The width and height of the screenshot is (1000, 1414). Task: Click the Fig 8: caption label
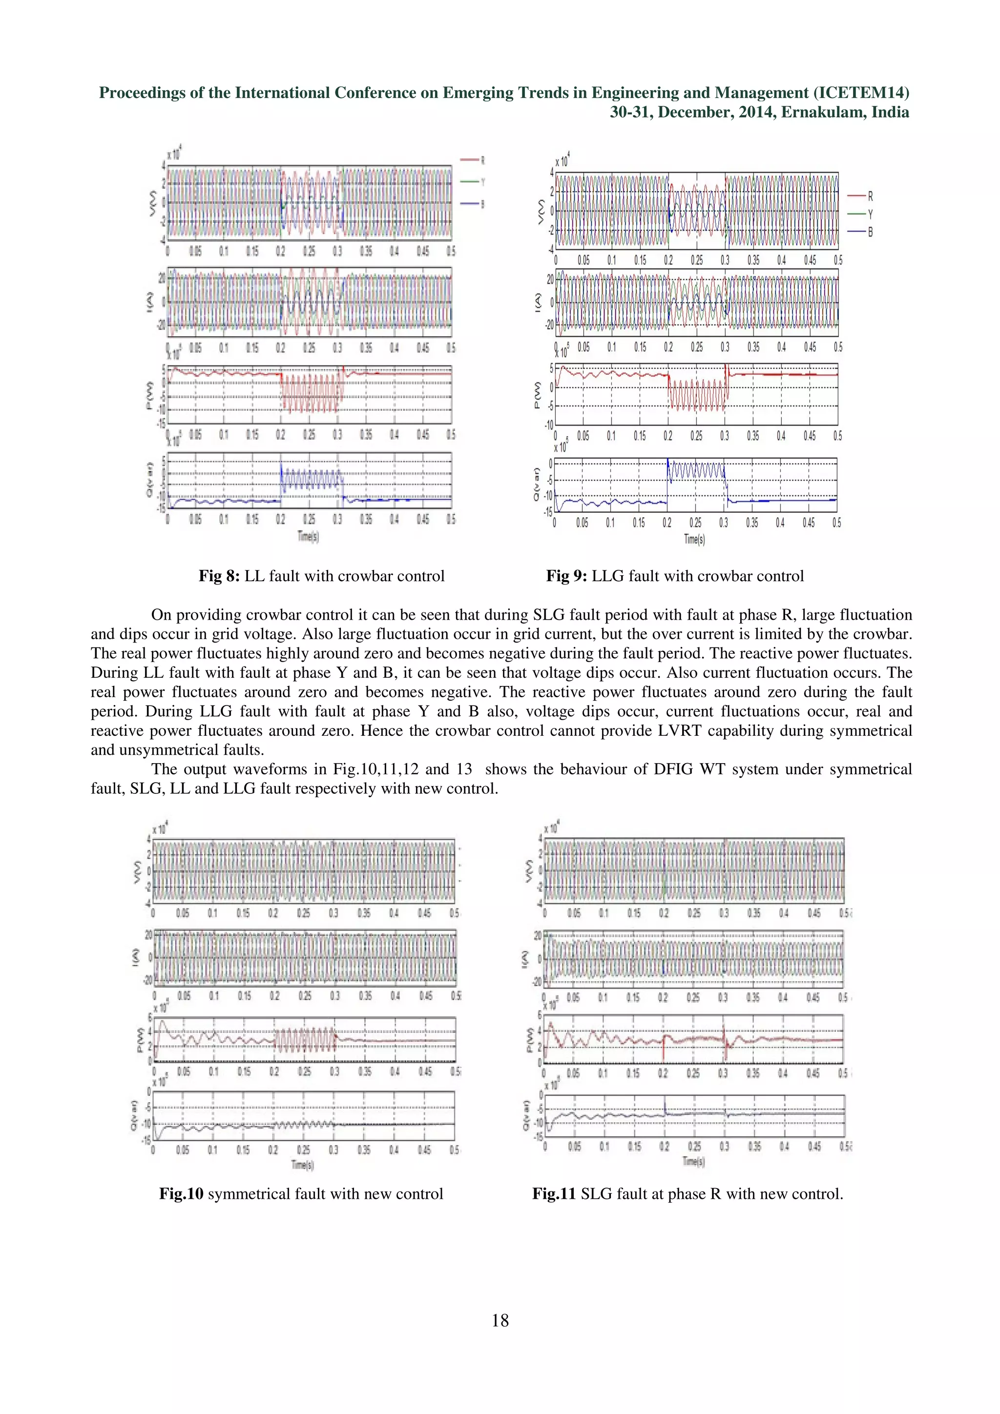point(219,576)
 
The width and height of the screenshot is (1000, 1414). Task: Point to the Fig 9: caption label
point(566,576)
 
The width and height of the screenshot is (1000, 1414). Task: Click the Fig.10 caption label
point(181,1194)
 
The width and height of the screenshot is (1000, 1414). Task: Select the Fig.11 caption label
point(554,1194)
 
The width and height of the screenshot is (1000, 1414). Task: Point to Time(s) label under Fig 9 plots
point(694,540)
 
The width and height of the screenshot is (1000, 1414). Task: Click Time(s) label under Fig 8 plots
point(308,536)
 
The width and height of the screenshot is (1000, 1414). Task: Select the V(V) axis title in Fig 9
point(541,212)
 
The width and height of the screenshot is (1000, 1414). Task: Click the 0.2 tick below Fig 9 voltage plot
point(668,261)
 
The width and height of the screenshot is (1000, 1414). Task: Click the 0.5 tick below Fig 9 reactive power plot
point(836,523)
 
